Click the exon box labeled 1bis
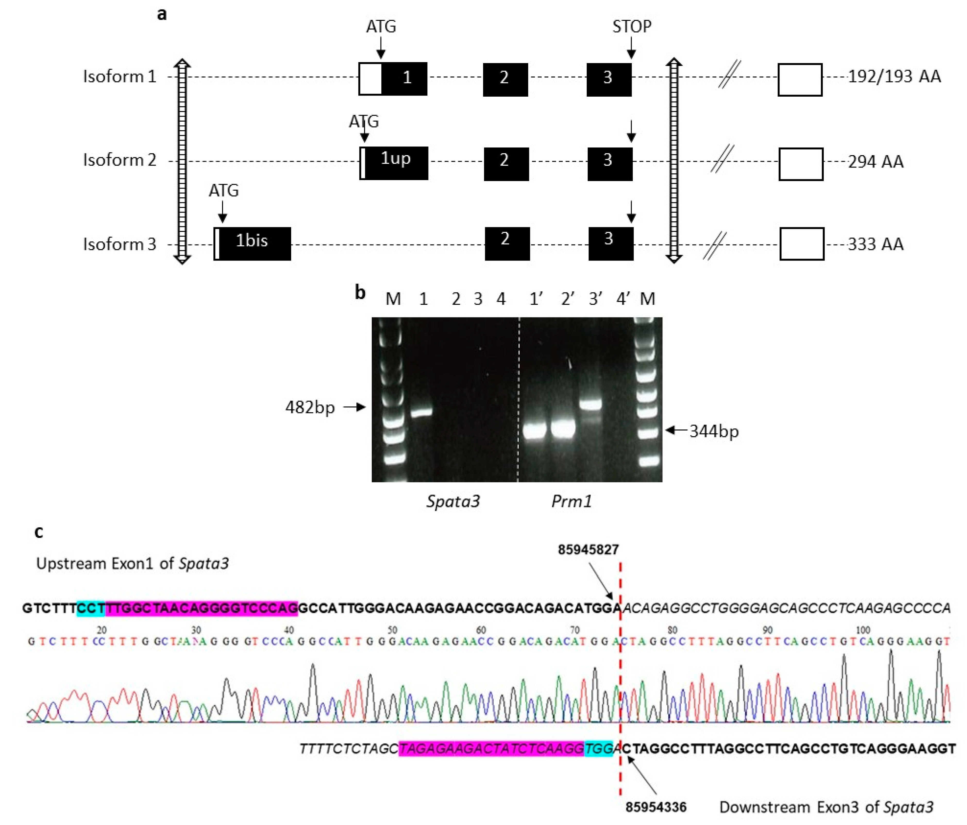[x=252, y=243]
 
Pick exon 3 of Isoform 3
[x=610, y=243]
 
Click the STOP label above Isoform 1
[x=632, y=27]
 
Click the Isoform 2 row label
[x=120, y=160]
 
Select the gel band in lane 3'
[x=591, y=404]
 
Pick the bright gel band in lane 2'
[x=563, y=429]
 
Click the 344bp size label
[x=714, y=431]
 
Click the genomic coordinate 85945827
[x=588, y=550]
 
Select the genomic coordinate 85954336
[x=656, y=807]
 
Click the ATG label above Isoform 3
[x=224, y=190]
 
